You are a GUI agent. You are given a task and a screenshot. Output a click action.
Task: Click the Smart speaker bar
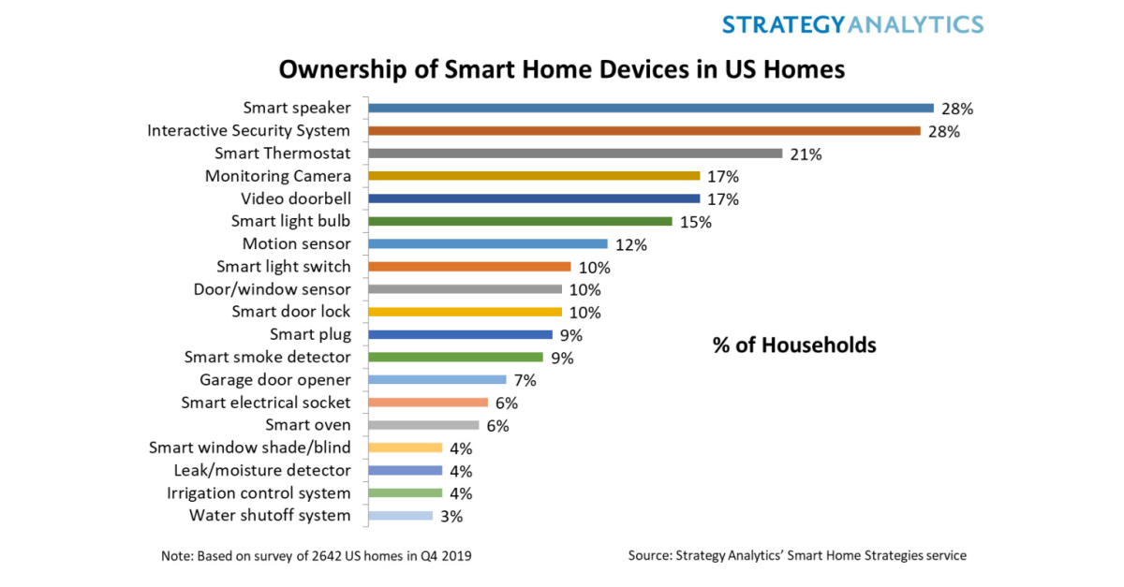(651, 108)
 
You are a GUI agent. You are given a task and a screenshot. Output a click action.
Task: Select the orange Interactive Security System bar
(644, 130)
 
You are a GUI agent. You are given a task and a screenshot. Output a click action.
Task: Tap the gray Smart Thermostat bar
(575, 154)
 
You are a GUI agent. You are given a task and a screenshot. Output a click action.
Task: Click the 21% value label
(806, 154)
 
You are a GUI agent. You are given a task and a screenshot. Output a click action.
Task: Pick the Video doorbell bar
(534, 198)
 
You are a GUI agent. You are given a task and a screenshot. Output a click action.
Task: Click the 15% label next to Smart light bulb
(696, 222)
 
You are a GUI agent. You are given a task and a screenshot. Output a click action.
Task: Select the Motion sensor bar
(488, 243)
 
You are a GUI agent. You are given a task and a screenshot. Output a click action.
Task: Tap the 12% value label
(630, 245)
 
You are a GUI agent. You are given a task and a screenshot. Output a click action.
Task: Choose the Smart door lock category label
(291, 312)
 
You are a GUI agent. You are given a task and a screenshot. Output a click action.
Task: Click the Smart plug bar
(460, 334)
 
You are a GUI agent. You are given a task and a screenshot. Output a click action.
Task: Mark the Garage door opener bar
(437, 379)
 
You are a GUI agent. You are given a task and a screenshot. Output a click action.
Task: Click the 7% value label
(525, 381)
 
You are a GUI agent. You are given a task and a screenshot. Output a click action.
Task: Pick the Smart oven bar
(423, 425)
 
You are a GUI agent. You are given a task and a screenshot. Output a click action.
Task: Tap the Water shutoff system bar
(401, 515)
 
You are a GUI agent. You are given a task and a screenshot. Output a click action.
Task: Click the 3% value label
(451, 516)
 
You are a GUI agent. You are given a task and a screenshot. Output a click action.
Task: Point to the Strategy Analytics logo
(852, 24)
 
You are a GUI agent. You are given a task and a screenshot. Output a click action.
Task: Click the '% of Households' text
(794, 345)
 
